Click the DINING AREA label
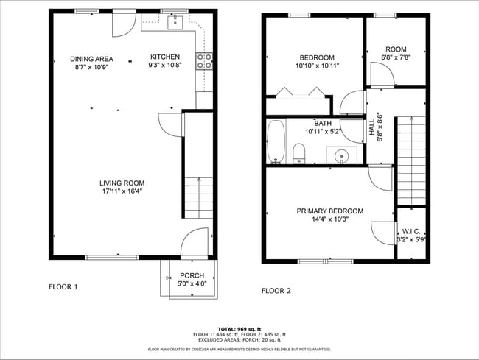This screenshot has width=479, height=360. click(x=91, y=59)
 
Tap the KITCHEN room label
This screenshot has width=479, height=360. click(x=164, y=57)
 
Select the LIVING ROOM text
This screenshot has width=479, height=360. click(x=122, y=183)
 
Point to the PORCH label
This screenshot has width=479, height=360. click(x=192, y=276)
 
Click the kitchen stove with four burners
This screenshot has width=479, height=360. click(x=204, y=61)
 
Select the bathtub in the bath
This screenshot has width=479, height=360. click(x=276, y=141)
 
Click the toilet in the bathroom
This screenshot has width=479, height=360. click(x=299, y=153)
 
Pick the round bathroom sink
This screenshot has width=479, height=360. click(x=342, y=156)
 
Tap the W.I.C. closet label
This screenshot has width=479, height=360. click(x=411, y=231)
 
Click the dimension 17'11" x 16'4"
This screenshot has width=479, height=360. click(x=122, y=191)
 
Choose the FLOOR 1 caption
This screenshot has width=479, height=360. click(x=63, y=287)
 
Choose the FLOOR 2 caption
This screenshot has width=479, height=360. click(x=276, y=291)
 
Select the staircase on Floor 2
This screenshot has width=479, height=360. click(x=410, y=159)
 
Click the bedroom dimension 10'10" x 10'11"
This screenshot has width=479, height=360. click(x=317, y=66)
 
